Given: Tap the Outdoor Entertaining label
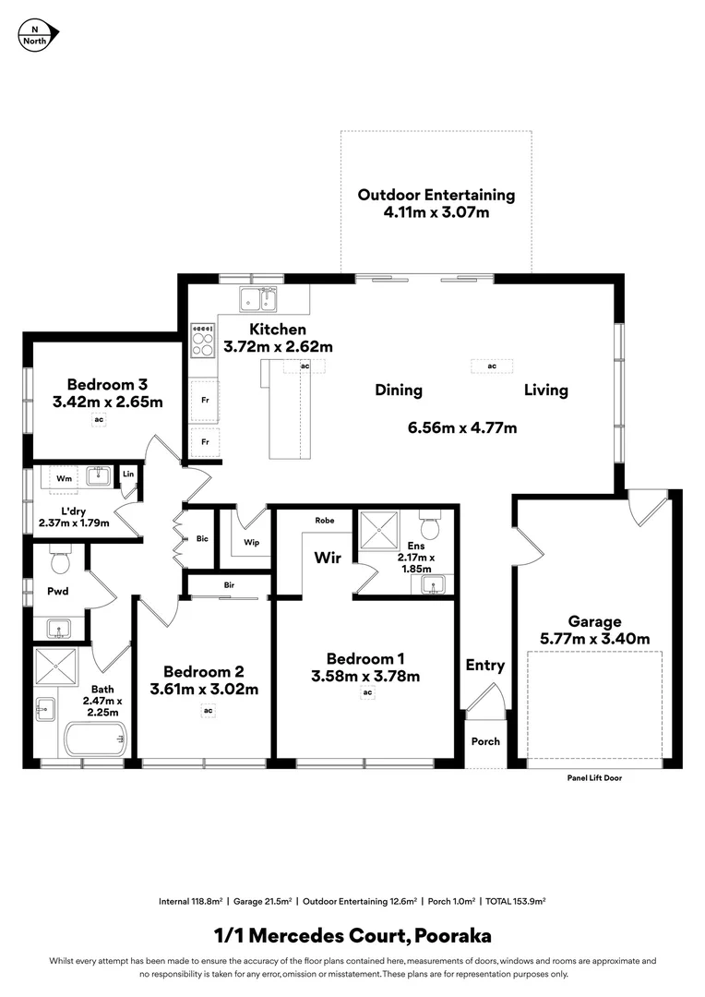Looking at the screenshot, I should click(x=436, y=195).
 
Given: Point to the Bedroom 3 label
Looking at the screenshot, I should click(x=107, y=384).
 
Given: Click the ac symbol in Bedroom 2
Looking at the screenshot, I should click(x=209, y=710).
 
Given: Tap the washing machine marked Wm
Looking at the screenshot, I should click(x=65, y=478).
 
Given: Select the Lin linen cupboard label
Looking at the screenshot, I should click(x=128, y=474).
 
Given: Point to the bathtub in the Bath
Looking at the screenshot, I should click(x=95, y=738).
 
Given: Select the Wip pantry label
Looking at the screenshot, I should click(x=251, y=543).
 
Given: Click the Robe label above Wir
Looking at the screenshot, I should click(x=324, y=521).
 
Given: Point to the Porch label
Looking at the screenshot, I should click(x=485, y=741).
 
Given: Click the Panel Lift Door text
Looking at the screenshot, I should click(x=594, y=778).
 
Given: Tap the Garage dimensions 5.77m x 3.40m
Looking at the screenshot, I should click(x=594, y=639).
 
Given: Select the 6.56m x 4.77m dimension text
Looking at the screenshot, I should click(x=461, y=427).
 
